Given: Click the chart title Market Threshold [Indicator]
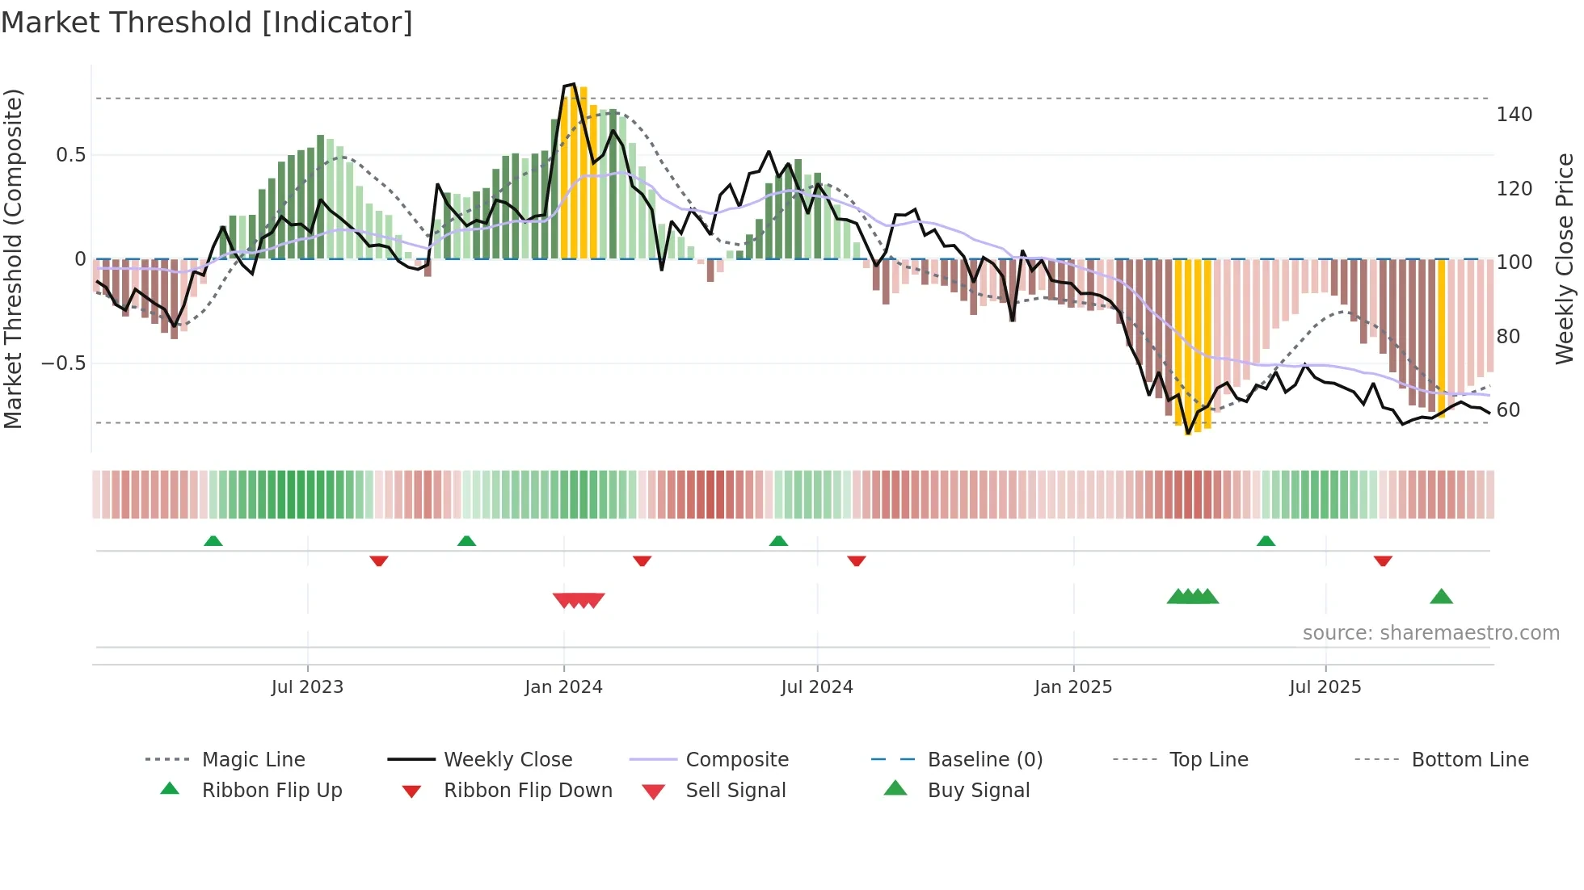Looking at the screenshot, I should click(x=207, y=23).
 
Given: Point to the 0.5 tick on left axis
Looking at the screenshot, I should click(x=71, y=155).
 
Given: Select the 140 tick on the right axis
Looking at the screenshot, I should click(x=1514, y=115).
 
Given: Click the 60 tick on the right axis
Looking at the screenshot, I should click(x=1508, y=410).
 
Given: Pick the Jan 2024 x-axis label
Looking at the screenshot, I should click(x=563, y=687).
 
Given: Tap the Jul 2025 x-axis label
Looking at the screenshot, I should click(x=1325, y=687).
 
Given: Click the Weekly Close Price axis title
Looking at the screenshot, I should click(x=1565, y=258).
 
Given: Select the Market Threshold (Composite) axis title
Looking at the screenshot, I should click(x=13, y=258).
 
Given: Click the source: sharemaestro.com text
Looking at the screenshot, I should click(x=1430, y=633).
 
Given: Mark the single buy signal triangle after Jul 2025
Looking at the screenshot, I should click(x=1441, y=598).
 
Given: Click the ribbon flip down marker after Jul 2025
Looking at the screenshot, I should click(x=1383, y=560).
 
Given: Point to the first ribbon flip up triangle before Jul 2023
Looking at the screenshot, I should click(x=213, y=541).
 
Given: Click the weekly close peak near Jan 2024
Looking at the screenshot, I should click(x=573, y=84).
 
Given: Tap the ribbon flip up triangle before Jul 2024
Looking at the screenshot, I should click(x=778, y=541).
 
